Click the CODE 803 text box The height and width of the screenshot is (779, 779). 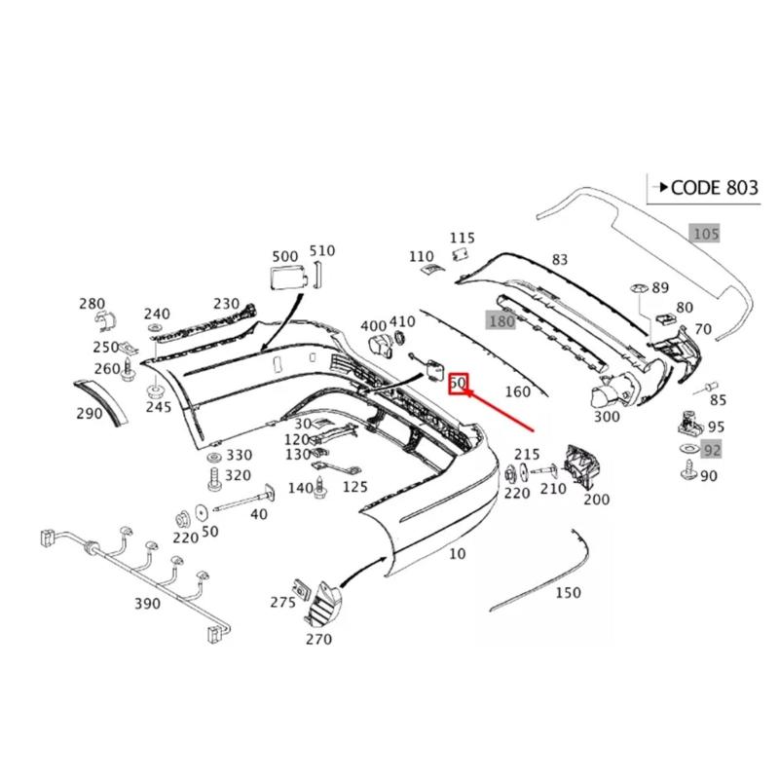[x=703, y=188]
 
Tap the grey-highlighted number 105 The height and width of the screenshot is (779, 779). [x=705, y=234]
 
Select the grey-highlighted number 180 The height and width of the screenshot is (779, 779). [x=501, y=321]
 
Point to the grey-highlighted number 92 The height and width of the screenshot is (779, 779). [x=712, y=450]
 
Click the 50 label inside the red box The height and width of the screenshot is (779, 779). [x=459, y=384]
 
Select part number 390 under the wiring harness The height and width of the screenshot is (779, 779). [x=147, y=604]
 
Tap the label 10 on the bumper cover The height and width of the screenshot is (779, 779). [x=457, y=554]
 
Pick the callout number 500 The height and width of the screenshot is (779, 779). [x=285, y=256]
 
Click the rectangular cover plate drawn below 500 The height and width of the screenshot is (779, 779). [x=283, y=277]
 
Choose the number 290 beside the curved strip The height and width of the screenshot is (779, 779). [x=89, y=413]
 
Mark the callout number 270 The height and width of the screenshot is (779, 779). [x=318, y=639]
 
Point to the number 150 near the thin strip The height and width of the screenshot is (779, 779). [x=568, y=592]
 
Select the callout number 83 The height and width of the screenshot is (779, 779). [x=559, y=259]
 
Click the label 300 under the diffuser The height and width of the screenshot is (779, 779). [x=606, y=417]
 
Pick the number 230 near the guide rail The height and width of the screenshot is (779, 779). [x=227, y=304]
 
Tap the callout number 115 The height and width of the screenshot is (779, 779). [x=463, y=238]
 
